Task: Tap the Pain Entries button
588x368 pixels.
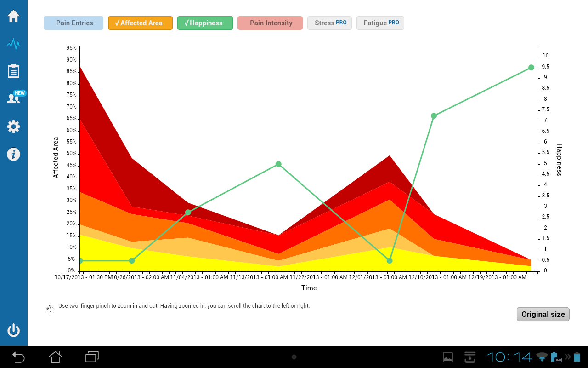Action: point(73,23)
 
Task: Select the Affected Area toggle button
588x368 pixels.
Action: point(140,23)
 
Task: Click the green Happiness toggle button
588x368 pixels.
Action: point(205,23)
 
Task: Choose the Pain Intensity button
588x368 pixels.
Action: point(270,23)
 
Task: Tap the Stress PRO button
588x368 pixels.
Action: point(330,23)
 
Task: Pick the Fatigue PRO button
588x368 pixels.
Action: point(380,23)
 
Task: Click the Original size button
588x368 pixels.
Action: point(543,314)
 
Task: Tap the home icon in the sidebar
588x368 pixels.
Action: point(13,16)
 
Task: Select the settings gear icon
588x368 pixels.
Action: point(13,126)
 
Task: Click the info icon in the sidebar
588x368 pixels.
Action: point(13,154)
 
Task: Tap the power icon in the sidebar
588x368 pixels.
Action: point(13,330)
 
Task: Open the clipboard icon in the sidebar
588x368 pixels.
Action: point(13,71)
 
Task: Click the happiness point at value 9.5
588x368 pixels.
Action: point(531,68)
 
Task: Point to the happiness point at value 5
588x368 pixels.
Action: point(278,164)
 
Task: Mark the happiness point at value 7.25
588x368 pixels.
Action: point(434,115)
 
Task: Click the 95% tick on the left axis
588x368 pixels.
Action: point(72,48)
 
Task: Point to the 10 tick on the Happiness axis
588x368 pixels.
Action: point(545,56)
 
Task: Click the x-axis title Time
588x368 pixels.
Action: point(309,288)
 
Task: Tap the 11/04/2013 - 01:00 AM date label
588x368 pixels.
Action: point(199,277)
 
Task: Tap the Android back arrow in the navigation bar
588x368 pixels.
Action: point(18,357)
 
